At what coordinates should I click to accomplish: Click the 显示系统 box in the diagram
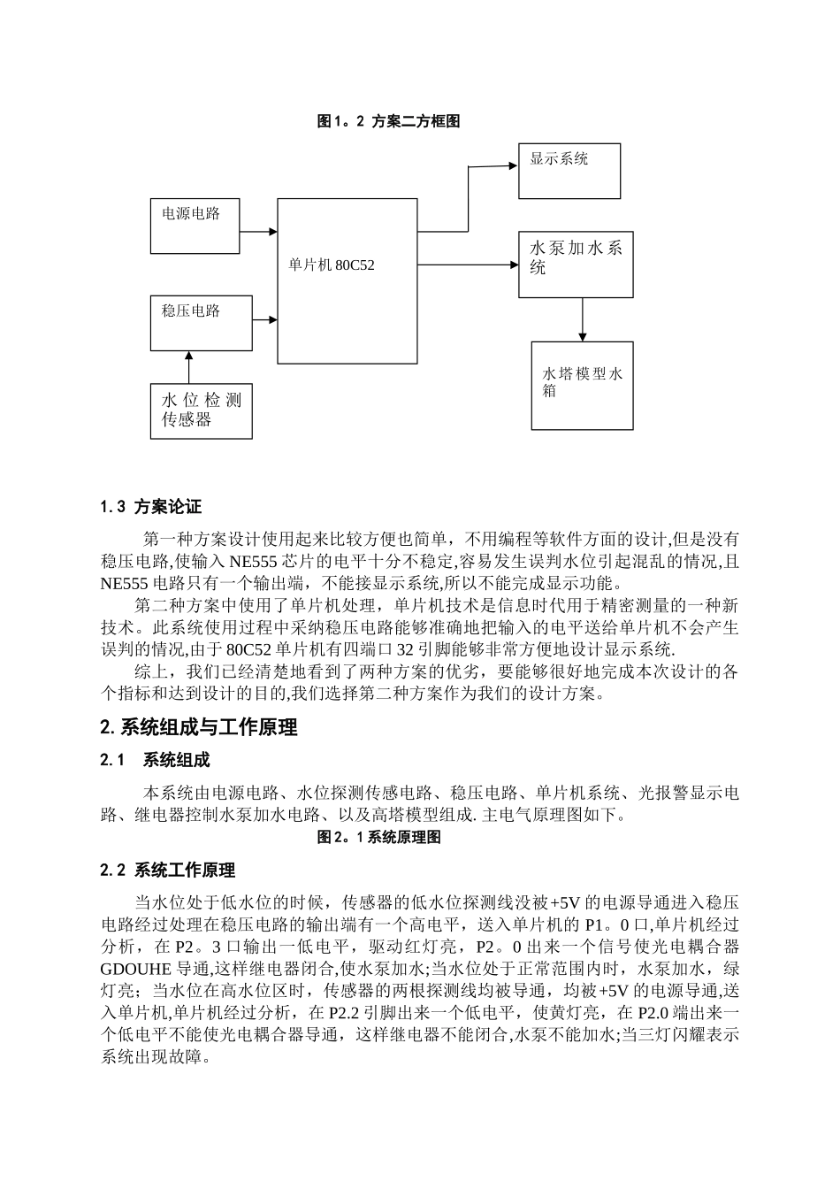[x=569, y=171]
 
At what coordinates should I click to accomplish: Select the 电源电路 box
[x=195, y=226]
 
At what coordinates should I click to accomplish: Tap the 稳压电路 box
[x=202, y=323]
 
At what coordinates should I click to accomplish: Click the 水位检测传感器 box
[x=201, y=410]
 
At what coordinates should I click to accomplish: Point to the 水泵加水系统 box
[x=576, y=265]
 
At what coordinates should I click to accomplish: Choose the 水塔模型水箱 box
[x=582, y=385]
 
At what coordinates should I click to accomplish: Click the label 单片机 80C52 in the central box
[x=332, y=265]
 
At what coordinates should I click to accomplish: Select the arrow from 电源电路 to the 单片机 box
[x=258, y=232]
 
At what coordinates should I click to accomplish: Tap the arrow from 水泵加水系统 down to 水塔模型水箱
[x=582, y=319]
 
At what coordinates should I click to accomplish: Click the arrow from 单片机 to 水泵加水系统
[x=468, y=265]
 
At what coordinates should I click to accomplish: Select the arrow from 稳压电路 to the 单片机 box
[x=265, y=320]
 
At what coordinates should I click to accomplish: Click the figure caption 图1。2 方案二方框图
[x=388, y=122]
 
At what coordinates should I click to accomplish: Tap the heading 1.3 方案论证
[x=151, y=507]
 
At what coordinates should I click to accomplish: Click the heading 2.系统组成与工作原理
[x=199, y=727]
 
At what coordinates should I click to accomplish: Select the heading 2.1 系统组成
[x=156, y=761]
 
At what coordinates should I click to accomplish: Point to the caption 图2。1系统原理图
[x=379, y=837]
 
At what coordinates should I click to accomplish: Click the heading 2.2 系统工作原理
[x=168, y=871]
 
